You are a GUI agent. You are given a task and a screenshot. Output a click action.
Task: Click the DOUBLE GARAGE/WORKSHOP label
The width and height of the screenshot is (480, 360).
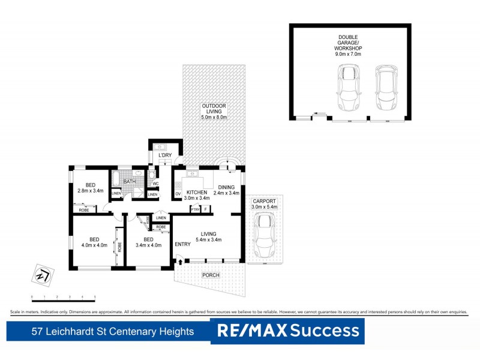pos(350,44)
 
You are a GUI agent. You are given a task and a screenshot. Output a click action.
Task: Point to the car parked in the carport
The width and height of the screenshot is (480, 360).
pos(263,234)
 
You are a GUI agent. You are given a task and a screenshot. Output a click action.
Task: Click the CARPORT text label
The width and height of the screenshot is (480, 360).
pos(263,202)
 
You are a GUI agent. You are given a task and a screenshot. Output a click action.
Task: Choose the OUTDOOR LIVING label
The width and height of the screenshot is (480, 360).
pos(214,112)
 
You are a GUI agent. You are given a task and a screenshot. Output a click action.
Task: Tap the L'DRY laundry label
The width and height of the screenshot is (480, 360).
pos(165,157)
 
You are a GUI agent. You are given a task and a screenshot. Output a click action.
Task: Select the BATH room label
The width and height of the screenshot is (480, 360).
pos(130,181)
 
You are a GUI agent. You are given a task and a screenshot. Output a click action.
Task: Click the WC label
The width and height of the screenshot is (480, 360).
pos(155,184)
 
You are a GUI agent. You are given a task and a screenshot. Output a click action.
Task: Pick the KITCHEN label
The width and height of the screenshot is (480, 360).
pos(197,193)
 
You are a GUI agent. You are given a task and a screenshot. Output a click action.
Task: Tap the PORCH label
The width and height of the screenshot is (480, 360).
pos(211,275)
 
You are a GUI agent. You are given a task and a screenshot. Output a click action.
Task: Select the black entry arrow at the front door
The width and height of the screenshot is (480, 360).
pos(179,260)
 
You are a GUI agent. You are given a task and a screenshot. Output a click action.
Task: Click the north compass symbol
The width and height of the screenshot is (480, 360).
pos(42,275)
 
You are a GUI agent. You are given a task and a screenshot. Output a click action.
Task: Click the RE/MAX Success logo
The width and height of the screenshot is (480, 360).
pos(288,331)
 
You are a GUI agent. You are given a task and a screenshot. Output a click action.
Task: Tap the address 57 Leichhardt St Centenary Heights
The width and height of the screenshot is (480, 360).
pos(113,331)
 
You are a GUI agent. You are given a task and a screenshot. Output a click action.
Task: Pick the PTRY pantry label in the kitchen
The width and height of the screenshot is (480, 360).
pos(195,209)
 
